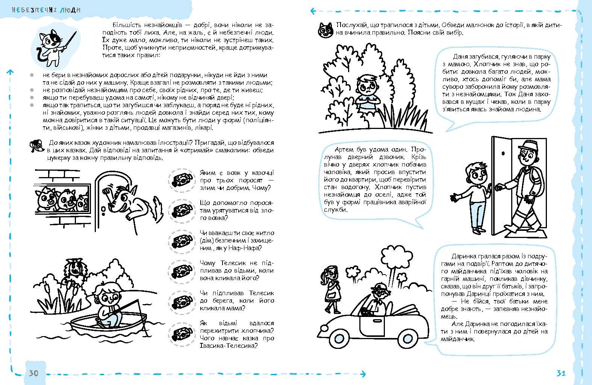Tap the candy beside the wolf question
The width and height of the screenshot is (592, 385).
(182, 180)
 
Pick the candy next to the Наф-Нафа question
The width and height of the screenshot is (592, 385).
(182, 240)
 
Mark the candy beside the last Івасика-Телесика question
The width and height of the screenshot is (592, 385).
(182, 333)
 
